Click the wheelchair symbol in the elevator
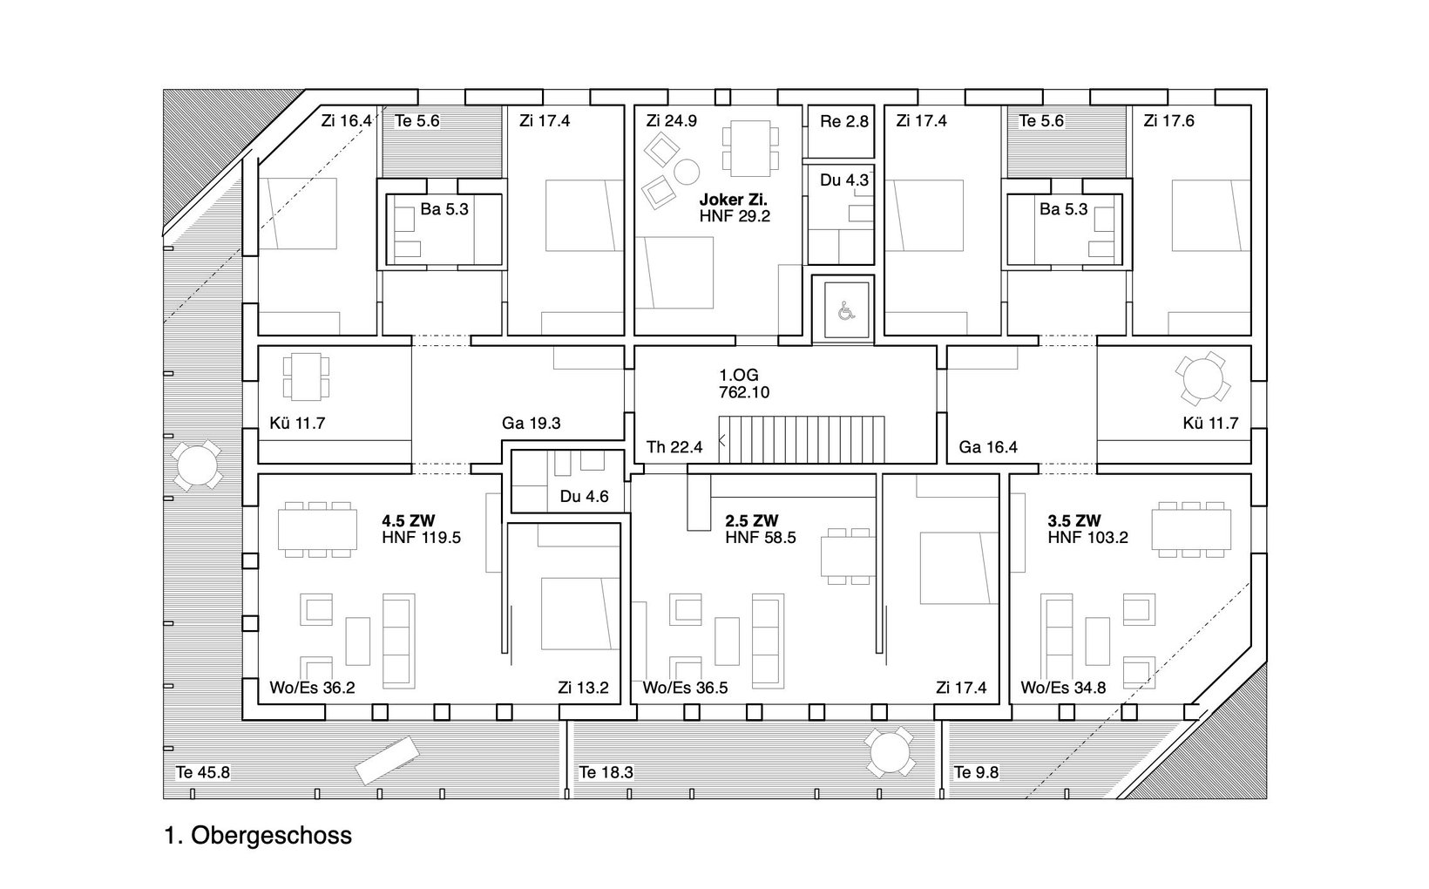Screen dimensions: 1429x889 pyautogui.click(x=846, y=311)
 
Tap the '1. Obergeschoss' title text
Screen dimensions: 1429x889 pyautogui.click(x=258, y=835)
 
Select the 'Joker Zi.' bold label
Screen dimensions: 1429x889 pyautogui.click(x=733, y=200)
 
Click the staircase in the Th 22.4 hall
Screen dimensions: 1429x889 pyautogui.click(x=802, y=440)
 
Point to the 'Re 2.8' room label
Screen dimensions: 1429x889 pyautogui.click(x=844, y=121)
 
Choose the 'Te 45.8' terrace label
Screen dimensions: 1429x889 pyautogui.click(x=203, y=772)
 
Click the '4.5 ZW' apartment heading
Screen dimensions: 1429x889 pyautogui.click(x=409, y=521)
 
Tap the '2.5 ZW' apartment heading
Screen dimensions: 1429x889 pyautogui.click(x=751, y=521)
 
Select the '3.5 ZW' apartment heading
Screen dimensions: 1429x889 pyautogui.click(x=1074, y=521)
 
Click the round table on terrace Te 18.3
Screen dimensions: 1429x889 pyautogui.click(x=890, y=752)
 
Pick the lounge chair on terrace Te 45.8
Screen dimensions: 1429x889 pyautogui.click(x=387, y=760)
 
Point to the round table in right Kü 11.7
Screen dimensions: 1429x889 pyautogui.click(x=1202, y=378)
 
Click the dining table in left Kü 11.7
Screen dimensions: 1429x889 pyautogui.click(x=306, y=377)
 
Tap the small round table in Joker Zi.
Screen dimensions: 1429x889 pyautogui.click(x=687, y=171)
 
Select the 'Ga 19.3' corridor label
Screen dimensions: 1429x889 pyautogui.click(x=531, y=423)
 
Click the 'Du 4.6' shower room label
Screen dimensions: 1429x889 pyautogui.click(x=585, y=496)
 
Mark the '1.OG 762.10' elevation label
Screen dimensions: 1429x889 pyautogui.click(x=744, y=383)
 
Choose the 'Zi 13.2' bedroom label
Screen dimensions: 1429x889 pyautogui.click(x=583, y=688)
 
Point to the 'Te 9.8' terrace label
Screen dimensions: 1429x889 pyautogui.click(x=976, y=772)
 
